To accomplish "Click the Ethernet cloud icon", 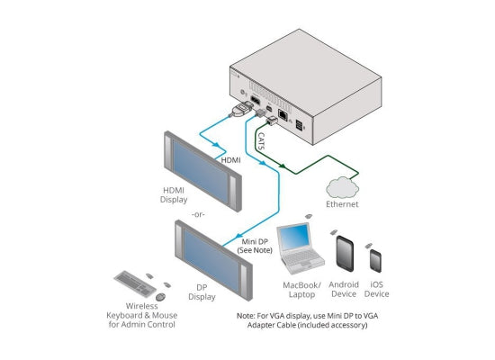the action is click(342, 188).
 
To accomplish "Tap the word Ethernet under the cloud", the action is click(342, 204).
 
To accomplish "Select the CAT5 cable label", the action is click(262, 141).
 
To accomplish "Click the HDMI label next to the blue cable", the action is click(230, 160).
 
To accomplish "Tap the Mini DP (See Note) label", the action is click(255, 246).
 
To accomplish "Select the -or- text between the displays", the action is click(198, 215).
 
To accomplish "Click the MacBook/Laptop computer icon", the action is click(300, 248).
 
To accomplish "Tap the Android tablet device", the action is click(345, 254).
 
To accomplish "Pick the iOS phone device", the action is click(375, 261).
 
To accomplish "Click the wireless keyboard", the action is click(135, 283).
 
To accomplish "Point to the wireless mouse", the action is click(160, 297).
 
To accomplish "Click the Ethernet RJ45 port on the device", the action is click(283, 114).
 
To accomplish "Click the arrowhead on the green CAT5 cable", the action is click(283, 166).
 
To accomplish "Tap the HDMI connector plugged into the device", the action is click(242, 109).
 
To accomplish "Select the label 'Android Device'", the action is click(344, 289).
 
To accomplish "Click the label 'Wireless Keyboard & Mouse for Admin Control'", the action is click(141, 315).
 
